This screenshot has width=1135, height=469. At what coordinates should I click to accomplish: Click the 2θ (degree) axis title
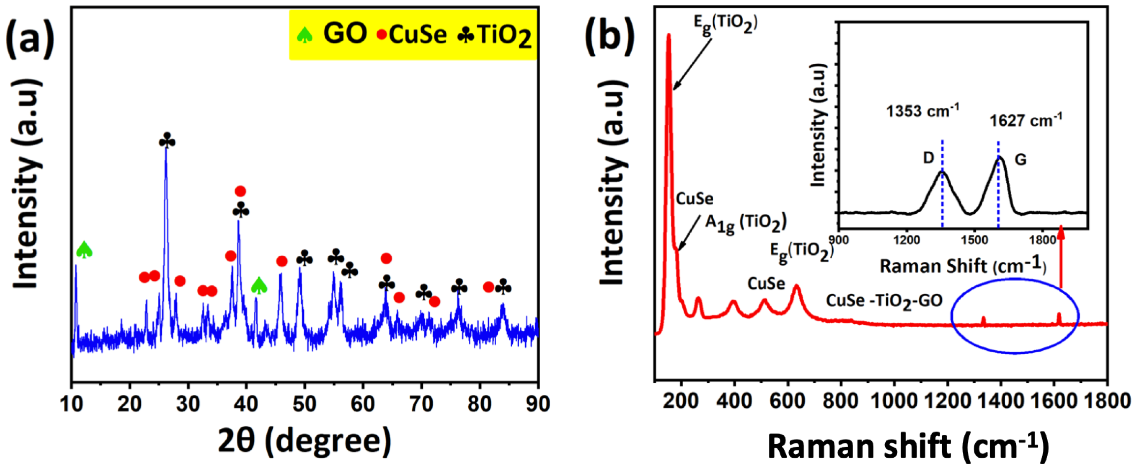point(304,441)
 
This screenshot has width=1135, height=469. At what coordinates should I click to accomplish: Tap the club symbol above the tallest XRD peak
point(167,141)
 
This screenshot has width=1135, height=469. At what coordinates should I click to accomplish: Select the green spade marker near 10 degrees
point(84,250)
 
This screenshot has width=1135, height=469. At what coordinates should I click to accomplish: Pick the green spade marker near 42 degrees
point(259,286)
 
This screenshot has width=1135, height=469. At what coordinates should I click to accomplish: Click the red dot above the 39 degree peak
point(240,191)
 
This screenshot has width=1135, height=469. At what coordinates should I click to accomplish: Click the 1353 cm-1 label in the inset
point(922,111)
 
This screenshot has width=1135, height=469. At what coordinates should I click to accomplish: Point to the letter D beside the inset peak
point(928,158)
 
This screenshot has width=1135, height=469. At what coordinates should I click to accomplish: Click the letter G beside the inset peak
point(1020,160)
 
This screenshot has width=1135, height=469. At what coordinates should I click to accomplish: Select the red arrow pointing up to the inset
point(1061,256)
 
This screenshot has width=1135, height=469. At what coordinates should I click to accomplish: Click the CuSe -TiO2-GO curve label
point(884,301)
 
